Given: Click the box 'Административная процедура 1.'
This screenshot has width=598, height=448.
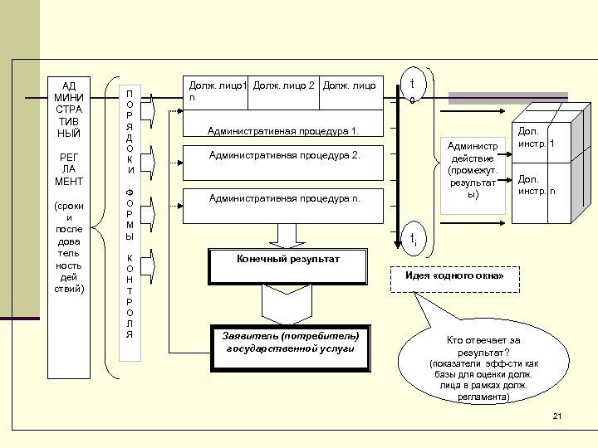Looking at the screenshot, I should tap(284, 132).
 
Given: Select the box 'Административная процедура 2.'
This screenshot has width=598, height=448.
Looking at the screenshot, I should tap(284, 155).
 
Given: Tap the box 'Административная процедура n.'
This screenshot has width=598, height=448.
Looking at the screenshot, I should tap(284, 199).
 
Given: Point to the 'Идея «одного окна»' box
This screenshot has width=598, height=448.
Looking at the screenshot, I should tap(454, 275).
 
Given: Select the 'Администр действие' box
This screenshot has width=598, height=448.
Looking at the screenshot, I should tap(472, 175).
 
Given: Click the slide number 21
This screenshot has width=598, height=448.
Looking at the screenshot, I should tap(557, 416).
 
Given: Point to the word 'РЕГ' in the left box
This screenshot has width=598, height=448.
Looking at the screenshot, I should tap(69, 156).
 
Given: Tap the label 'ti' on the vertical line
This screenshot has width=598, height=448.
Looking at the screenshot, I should tap(412, 239).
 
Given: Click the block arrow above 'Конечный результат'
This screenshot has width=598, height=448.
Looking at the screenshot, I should tap(288, 236).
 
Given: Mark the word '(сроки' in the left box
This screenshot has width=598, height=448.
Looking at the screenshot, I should tap(69, 205).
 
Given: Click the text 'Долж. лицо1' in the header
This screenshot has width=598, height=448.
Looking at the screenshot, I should tap(218, 85).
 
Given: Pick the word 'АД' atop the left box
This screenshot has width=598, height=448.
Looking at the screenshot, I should tap(69, 85).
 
